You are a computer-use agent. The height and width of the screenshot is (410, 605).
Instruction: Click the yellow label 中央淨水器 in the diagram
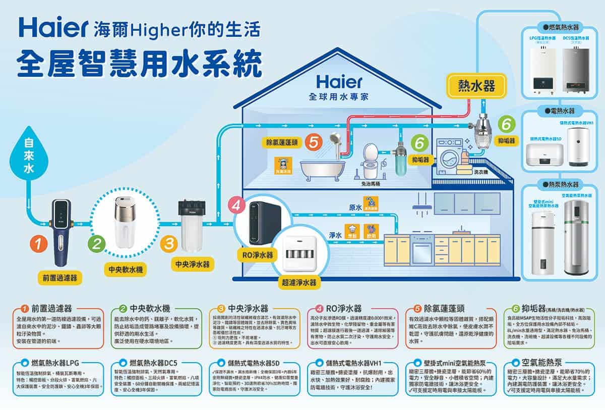192,264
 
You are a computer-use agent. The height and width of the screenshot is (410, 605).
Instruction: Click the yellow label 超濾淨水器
300,283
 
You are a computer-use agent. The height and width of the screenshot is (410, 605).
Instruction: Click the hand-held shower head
334,138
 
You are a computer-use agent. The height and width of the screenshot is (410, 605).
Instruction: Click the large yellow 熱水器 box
475,86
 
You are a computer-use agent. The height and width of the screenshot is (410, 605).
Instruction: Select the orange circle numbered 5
314,143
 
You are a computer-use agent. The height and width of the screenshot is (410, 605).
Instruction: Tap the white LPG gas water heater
542,69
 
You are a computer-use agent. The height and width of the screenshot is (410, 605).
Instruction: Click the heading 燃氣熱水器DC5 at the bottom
156,363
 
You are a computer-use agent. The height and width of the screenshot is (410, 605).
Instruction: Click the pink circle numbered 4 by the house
237,206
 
